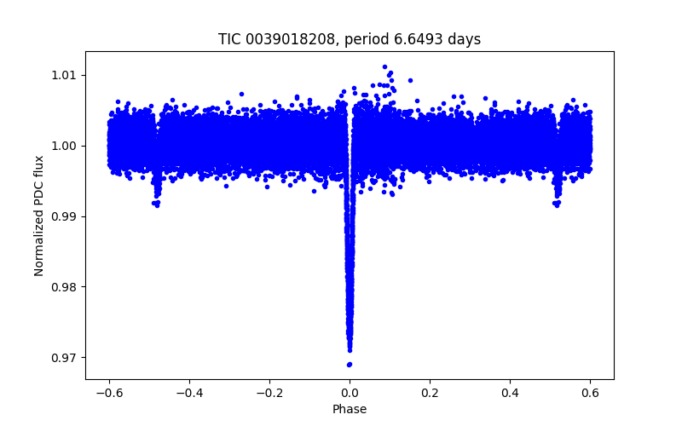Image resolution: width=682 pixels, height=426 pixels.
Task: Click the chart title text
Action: (350, 39)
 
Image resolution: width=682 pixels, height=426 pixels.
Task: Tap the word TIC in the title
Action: (229, 39)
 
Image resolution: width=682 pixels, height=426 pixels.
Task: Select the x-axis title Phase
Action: (350, 409)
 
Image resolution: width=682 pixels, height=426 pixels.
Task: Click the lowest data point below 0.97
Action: (350, 365)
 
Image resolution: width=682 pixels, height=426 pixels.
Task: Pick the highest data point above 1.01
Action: (384, 66)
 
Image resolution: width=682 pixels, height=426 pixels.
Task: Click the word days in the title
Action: (465, 39)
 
